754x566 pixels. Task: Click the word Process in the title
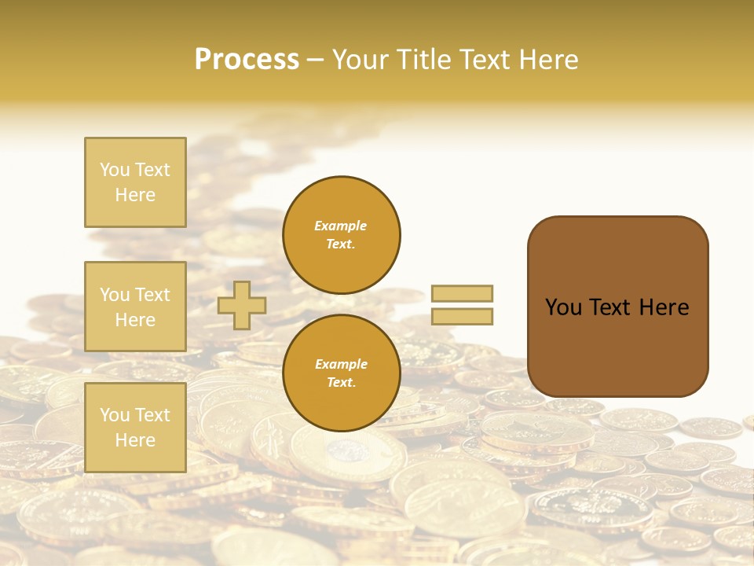[x=247, y=59]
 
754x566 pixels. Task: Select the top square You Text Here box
[x=135, y=182]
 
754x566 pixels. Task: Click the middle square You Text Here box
[x=135, y=307]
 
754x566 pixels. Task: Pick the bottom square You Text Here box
[x=135, y=428]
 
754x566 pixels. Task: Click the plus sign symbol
[x=242, y=305]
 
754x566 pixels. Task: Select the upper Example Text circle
[x=342, y=234]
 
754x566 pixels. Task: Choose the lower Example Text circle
[x=342, y=373]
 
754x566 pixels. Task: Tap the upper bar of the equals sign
[x=462, y=293]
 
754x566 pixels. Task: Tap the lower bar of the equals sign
[x=462, y=317]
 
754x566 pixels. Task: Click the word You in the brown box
[x=564, y=307]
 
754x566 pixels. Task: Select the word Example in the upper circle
[x=341, y=226]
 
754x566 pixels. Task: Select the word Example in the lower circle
[x=341, y=364]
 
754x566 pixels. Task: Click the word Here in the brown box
[x=664, y=307]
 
